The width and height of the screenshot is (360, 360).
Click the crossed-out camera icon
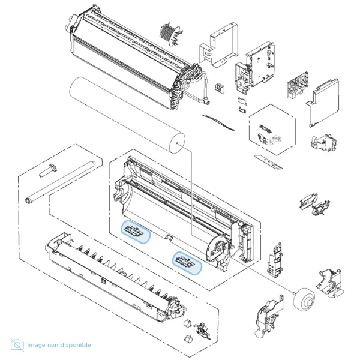tap(17, 344)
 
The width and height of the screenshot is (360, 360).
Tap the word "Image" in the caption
tap(36, 345)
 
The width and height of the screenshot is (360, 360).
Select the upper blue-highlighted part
tap(136, 232)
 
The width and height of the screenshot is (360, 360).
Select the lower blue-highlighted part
tap(187, 263)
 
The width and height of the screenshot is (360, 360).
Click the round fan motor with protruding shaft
tap(304, 299)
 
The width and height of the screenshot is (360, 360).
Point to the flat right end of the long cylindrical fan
tap(177, 143)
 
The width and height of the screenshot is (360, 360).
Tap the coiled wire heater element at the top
tap(171, 34)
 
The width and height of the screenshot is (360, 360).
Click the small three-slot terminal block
tap(220, 88)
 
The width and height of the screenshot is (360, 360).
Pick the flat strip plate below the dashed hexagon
tap(268, 162)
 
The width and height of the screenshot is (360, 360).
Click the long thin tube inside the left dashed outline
tap(61, 182)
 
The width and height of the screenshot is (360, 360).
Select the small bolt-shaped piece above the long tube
tap(48, 170)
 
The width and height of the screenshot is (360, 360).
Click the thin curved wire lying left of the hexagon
tap(218, 123)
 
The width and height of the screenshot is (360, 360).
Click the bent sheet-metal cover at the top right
tap(218, 45)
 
